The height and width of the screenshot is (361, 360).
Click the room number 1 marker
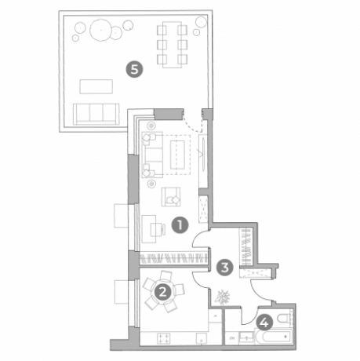click(x=180, y=224)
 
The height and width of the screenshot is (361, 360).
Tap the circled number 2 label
click(x=162, y=292)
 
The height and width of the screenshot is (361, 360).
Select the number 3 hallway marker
click(x=225, y=268)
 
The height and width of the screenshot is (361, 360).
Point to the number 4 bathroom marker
click(x=264, y=323)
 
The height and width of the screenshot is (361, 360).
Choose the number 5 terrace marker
click(x=135, y=70)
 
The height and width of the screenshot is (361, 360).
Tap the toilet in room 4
click(x=284, y=318)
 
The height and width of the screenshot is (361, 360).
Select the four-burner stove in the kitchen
click(x=164, y=338)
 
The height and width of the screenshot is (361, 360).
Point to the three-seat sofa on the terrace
click(x=96, y=114)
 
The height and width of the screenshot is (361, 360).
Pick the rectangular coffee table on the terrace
click(x=96, y=86)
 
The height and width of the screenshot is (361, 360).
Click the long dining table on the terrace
click(x=172, y=45)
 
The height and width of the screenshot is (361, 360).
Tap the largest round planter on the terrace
click(x=101, y=30)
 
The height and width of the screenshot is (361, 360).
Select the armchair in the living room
click(x=171, y=197)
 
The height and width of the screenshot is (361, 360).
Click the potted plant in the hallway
click(x=222, y=297)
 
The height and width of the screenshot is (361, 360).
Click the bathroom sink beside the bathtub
click(x=246, y=337)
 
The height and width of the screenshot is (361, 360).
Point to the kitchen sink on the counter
click(x=202, y=338)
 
